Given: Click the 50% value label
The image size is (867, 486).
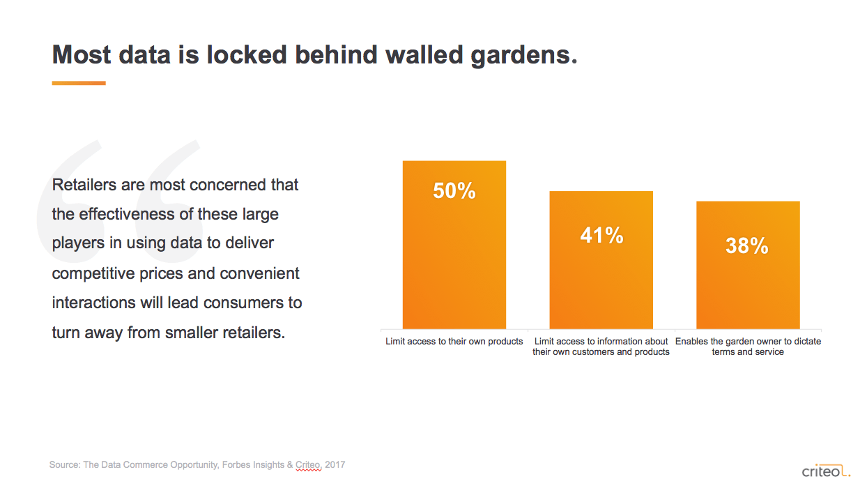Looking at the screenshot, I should coord(454,191).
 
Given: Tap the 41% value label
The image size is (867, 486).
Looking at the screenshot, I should coord(601,236).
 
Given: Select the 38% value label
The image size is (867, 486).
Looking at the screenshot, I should coord(746,245).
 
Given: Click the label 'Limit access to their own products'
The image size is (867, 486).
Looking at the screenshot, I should coord(454,342).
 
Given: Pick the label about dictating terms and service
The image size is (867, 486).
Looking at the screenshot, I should coord(748,347).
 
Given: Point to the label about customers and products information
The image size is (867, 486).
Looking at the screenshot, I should coord(601,347).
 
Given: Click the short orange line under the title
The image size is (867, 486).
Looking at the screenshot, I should coord(79,83).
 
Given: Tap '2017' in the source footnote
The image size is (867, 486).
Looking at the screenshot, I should coord(335,464).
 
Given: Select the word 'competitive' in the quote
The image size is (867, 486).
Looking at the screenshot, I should coord(96,273).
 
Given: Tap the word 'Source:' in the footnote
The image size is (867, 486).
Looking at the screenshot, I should coord(64,464).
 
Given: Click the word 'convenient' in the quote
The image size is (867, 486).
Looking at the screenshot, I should coord(260,273).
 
